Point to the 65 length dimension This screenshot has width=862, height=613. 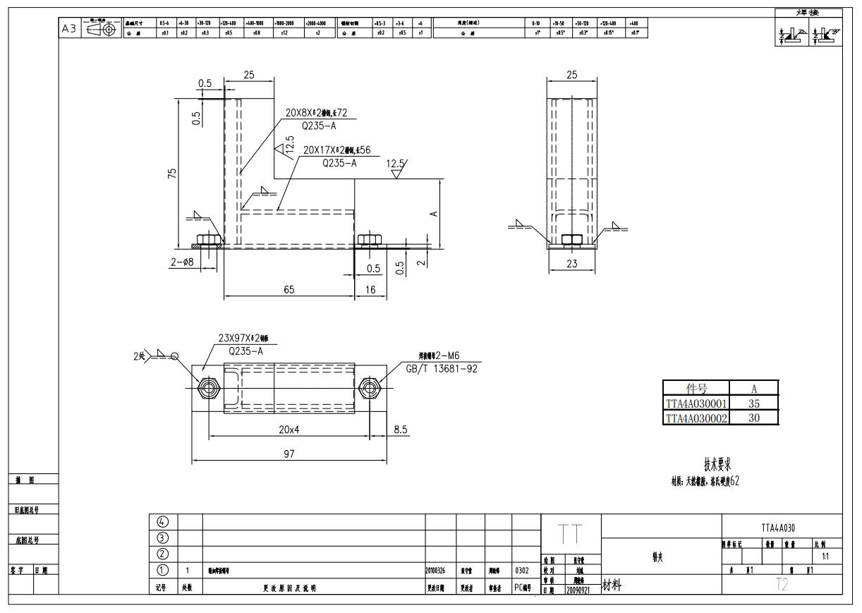[289, 289]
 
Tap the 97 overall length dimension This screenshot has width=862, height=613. [289, 454]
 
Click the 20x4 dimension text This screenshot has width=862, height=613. [289, 429]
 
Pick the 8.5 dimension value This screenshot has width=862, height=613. [400, 429]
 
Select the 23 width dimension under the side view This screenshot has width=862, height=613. [572, 263]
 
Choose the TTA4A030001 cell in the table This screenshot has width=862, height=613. [696, 404]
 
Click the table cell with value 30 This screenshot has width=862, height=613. [753, 418]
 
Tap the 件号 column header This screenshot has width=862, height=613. [696, 388]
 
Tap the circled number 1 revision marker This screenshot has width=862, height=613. [163, 570]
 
